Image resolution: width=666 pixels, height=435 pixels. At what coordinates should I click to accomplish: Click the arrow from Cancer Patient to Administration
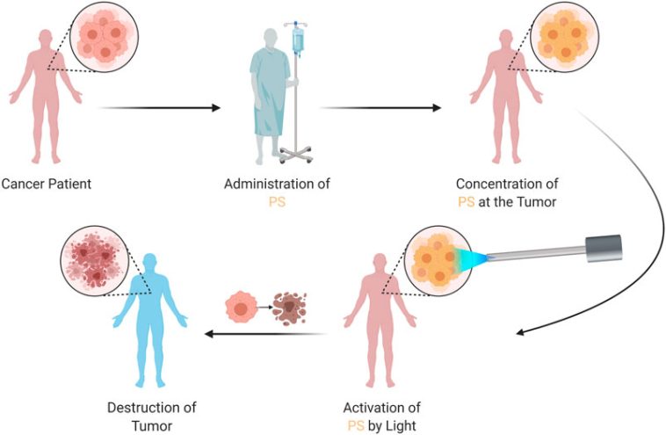pos(159,108)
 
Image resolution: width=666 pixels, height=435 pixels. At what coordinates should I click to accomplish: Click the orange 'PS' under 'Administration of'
pos(276,201)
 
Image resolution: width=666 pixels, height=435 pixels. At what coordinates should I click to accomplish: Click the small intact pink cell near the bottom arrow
pos(242,307)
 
